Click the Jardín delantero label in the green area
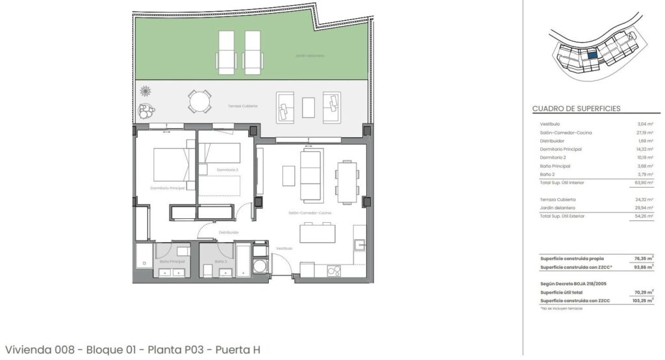coord(309,56)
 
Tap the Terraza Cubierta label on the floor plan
coord(242,106)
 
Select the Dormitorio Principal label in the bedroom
coord(168,188)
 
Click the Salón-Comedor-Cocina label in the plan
coord(310,212)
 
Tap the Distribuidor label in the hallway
coord(229,232)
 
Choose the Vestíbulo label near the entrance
coord(284,248)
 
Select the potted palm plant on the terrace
coord(147,92)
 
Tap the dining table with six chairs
coord(345,181)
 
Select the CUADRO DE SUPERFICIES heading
coord(576,109)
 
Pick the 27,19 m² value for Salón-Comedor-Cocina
coord(644,132)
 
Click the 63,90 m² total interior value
coord(644,183)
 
